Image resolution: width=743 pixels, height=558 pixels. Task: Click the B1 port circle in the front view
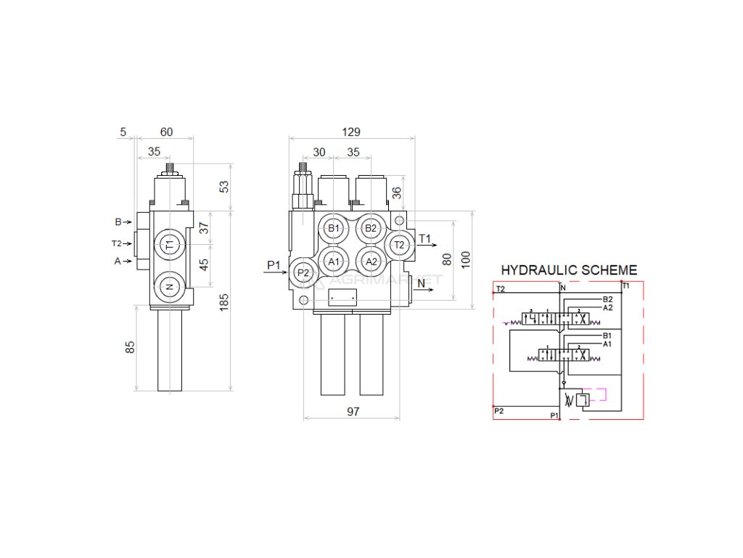[334, 228]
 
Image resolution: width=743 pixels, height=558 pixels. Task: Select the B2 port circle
[371, 228]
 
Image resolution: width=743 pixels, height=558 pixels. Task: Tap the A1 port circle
[334, 261]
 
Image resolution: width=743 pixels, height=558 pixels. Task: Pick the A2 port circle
[371, 261]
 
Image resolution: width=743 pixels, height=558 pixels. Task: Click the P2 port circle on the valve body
[303, 272]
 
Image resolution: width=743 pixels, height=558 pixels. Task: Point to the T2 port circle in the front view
[398, 245]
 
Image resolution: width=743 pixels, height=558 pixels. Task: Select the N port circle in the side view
[169, 287]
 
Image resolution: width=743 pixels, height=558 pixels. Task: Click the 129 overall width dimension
[351, 132]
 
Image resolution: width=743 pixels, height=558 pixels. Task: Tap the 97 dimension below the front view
[353, 412]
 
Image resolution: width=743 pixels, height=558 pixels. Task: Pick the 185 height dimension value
[224, 302]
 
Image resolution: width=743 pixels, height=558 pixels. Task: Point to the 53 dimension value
[224, 187]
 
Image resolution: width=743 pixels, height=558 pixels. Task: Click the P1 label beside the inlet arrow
[274, 264]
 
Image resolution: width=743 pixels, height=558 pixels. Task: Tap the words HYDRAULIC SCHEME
[570, 270]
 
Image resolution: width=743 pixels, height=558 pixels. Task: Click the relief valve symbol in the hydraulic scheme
[583, 400]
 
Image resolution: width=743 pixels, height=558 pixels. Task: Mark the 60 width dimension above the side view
[166, 132]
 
